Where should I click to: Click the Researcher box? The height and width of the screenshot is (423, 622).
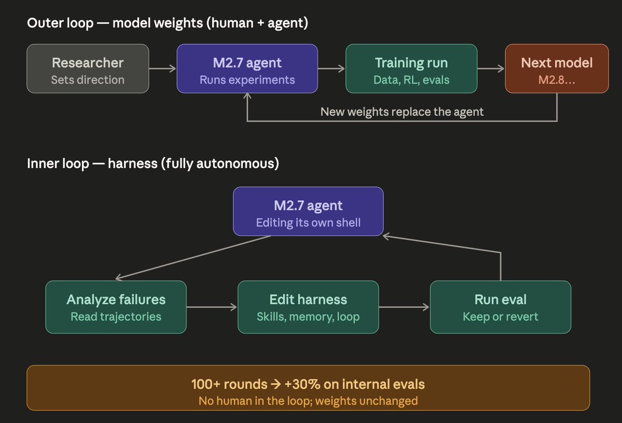tap(88, 69)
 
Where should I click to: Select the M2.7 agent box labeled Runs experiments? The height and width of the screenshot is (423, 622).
tap(247, 69)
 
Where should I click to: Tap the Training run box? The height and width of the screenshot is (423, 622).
tap(411, 69)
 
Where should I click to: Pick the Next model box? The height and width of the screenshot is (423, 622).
tap(557, 69)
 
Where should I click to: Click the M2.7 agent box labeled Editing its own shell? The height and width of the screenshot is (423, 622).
tap(308, 211)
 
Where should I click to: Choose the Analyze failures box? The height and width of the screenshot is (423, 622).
tap(116, 307)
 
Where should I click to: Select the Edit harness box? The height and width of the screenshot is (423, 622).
tap(308, 307)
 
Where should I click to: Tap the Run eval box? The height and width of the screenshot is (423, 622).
tap(500, 307)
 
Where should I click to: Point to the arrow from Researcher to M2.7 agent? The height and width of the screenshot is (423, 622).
tap(162, 69)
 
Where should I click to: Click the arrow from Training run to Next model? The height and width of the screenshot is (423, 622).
tap(491, 69)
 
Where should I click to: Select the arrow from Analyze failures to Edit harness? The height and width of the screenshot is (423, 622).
tap(212, 307)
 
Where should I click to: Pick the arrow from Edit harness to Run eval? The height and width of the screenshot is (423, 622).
tap(404, 307)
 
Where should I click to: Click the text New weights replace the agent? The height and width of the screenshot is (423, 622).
tap(402, 112)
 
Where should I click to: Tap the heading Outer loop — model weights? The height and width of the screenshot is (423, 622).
tap(168, 23)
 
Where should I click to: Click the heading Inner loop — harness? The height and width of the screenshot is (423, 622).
tap(153, 164)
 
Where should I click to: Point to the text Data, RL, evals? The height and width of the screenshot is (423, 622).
tap(411, 80)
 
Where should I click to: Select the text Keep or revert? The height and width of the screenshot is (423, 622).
tap(500, 316)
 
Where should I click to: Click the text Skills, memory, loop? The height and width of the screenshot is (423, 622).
tap(308, 316)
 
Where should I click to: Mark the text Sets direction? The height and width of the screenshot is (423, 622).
tap(88, 80)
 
